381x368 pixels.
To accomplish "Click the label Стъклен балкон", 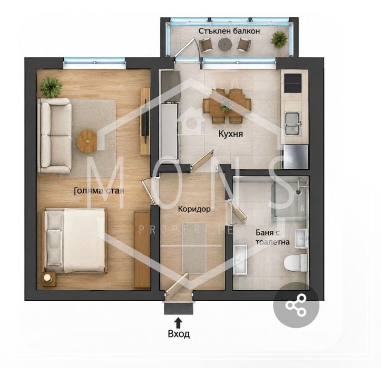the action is (229, 31).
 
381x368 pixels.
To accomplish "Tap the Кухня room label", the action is (231, 134).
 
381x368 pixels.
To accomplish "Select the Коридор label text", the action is (194, 209).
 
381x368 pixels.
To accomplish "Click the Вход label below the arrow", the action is (179, 334).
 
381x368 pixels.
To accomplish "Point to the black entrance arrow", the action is (179, 323).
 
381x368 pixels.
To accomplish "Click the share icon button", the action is (296, 305).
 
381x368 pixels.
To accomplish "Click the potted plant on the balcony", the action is (279, 39).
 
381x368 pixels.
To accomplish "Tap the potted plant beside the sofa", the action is (51, 87).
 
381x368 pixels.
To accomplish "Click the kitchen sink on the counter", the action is (292, 124).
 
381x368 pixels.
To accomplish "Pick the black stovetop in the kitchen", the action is (292, 83).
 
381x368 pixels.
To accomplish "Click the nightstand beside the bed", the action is (48, 279).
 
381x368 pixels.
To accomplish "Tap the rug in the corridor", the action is (194, 248).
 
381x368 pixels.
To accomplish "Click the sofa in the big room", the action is (56, 136).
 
